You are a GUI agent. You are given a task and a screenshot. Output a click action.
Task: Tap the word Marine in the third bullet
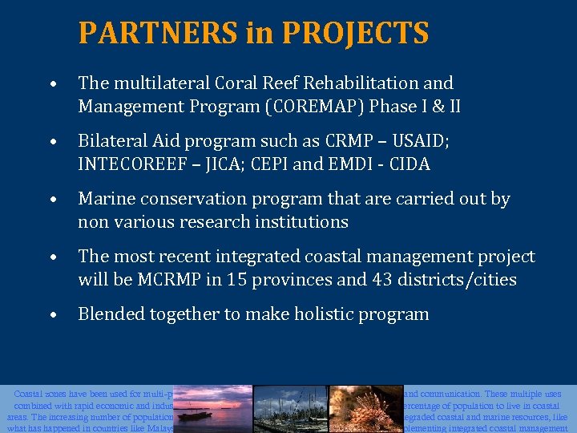tap(103, 199)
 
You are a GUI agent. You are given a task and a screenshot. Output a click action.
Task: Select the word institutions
tap(301, 222)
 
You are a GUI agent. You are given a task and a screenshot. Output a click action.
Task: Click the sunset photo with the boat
tap(213, 409)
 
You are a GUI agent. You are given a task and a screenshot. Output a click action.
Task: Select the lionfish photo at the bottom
tap(365, 409)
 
